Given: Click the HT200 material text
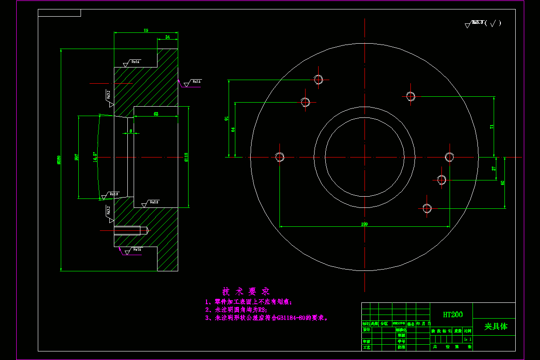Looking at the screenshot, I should (x=452, y=315).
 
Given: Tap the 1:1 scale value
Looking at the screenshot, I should (x=468, y=339).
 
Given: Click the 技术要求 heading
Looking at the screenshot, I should (x=246, y=291).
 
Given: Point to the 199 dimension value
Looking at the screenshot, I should (x=364, y=224).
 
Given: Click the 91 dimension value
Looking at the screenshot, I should (x=227, y=119).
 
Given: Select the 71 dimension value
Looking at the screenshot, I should (x=492, y=126).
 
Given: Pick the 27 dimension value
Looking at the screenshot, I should (x=494, y=169).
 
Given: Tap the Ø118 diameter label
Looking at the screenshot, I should (x=186, y=157).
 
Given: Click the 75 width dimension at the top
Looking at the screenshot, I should (x=146, y=30).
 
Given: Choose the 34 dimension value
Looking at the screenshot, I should (x=167, y=36).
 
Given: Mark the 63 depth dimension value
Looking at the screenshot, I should (x=156, y=114).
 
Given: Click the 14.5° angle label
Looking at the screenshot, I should (x=94, y=157).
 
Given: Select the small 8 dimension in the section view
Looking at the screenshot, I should (x=130, y=131).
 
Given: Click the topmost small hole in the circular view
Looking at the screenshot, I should (x=319, y=80).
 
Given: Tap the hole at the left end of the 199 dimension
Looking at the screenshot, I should (x=279, y=157).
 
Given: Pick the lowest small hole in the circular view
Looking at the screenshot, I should (x=427, y=208).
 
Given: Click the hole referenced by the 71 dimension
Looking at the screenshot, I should (x=410, y=96).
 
